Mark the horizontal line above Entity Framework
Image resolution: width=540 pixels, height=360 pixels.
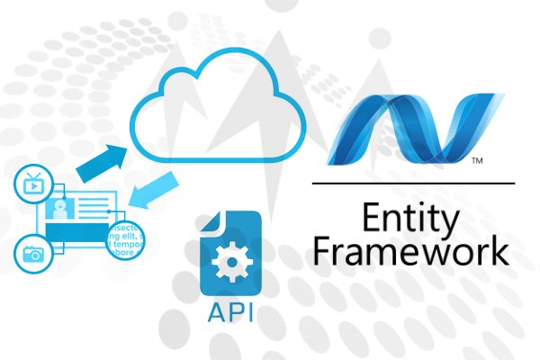point(415,184)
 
